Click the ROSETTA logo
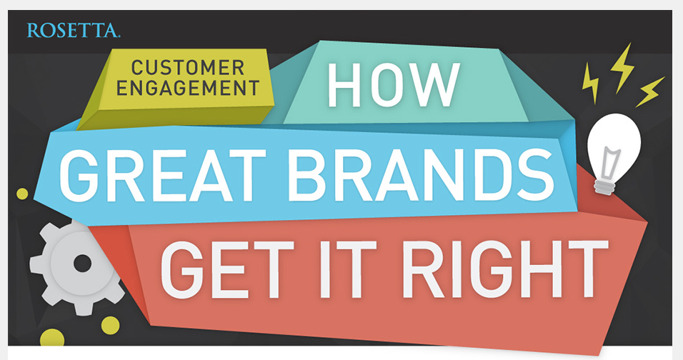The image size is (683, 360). click(x=73, y=31)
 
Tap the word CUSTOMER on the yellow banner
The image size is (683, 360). click(x=188, y=68)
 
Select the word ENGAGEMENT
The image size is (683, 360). click(x=188, y=89)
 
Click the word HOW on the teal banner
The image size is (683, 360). click(x=394, y=84)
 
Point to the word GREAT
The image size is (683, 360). click(x=162, y=175)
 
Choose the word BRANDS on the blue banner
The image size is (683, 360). click(x=422, y=176)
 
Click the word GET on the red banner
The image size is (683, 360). click(x=227, y=269)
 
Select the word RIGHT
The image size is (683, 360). click(x=504, y=269)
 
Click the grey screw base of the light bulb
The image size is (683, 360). click(x=605, y=187)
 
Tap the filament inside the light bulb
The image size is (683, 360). click(x=610, y=164)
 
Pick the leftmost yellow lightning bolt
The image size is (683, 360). click(x=590, y=83)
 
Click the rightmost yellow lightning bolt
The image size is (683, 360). click(x=650, y=92)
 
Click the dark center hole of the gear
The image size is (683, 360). click(x=82, y=264)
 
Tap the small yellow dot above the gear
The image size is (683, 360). click(x=21, y=194)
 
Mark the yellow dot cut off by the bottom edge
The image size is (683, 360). click(x=52, y=338)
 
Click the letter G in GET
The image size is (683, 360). click(x=183, y=269)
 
